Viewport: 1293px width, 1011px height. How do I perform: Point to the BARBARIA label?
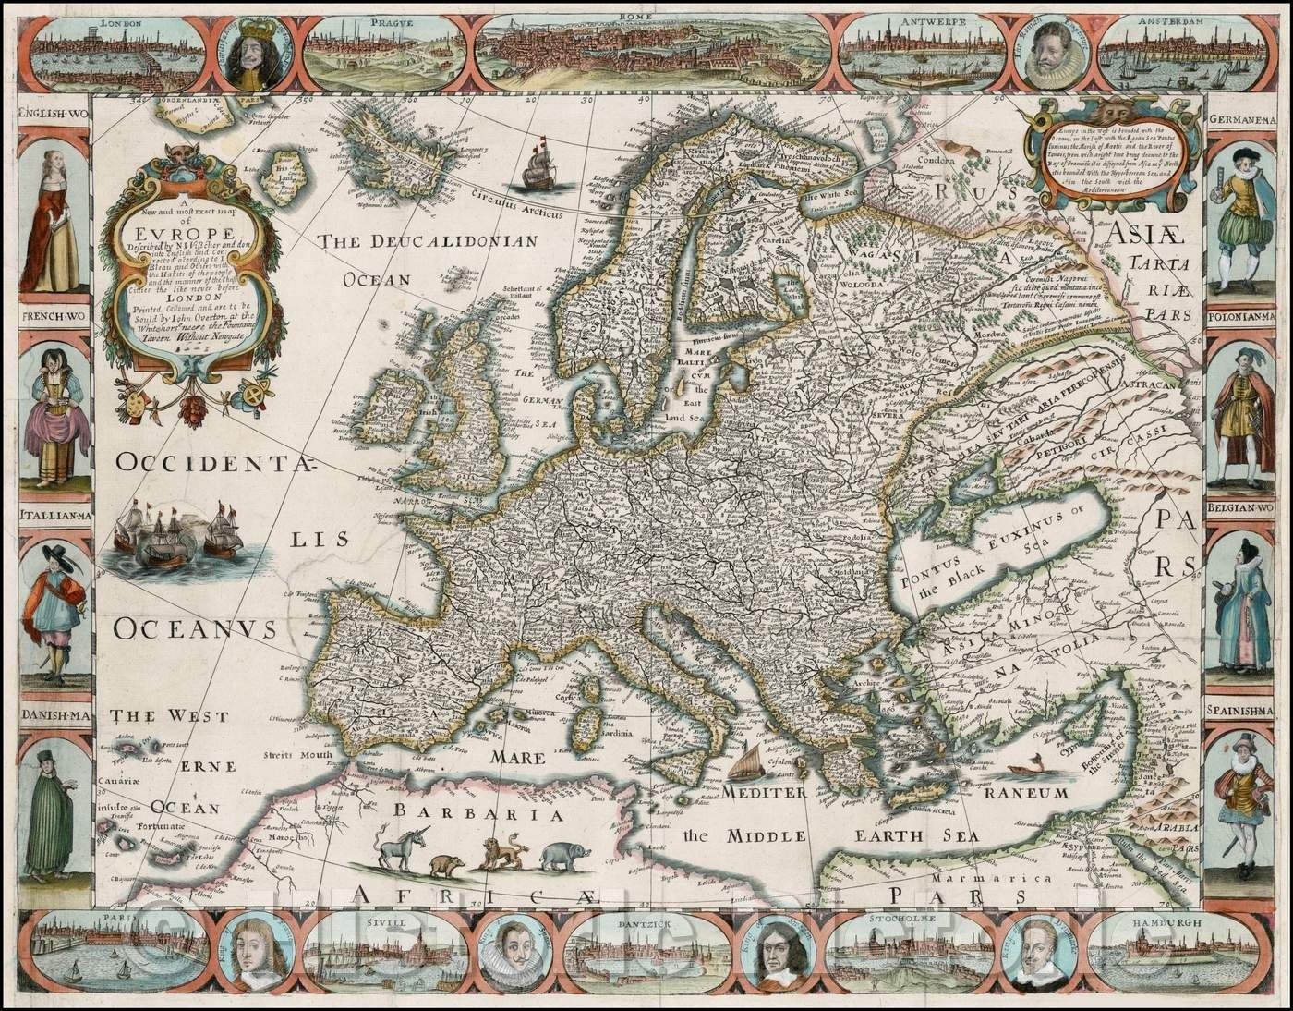(x=477, y=814)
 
